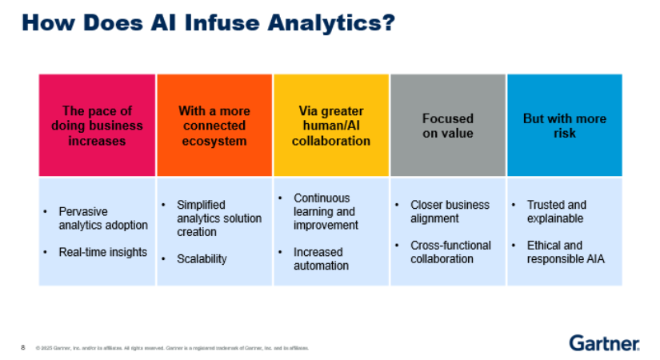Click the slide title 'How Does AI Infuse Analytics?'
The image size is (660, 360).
tap(208, 22)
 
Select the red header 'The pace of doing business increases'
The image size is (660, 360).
tap(97, 126)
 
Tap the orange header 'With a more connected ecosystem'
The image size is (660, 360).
tap(214, 126)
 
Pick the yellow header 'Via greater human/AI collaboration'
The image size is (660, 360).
tap(330, 126)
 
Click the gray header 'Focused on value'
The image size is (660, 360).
tap(447, 126)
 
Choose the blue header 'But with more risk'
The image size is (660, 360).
tap(564, 126)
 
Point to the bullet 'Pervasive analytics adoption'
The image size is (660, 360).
tap(102, 218)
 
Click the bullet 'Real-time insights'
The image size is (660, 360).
tap(102, 252)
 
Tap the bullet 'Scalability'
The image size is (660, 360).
tap(202, 258)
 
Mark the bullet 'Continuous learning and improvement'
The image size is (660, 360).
tap(325, 211)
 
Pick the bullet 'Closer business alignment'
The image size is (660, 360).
tap(450, 211)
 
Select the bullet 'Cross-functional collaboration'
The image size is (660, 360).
tap(450, 252)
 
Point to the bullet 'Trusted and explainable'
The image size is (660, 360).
tap(556, 211)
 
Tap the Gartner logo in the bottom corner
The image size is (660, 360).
tap(604, 342)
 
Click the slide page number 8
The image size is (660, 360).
tap(22, 347)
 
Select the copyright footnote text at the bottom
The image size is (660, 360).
tap(172, 348)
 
